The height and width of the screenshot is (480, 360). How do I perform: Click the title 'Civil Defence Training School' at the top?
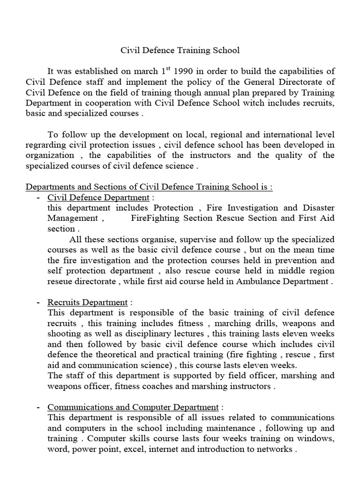(x=180, y=50)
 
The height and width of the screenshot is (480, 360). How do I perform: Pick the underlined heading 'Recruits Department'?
(x=87, y=302)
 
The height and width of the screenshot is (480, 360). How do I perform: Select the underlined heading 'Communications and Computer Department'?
(x=133, y=407)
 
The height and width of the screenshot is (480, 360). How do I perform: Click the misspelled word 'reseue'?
(x=61, y=281)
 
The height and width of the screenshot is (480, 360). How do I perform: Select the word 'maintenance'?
(x=228, y=428)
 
